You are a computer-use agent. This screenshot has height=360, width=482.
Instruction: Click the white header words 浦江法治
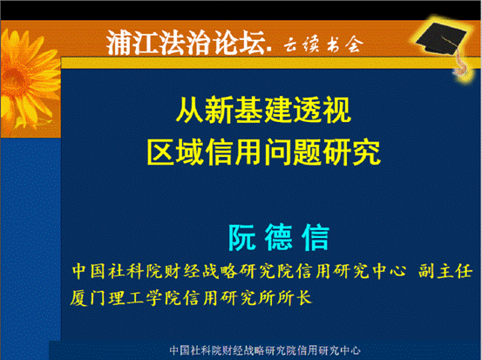tap(160, 43)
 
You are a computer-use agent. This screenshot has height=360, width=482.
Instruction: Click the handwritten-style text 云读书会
tap(323, 44)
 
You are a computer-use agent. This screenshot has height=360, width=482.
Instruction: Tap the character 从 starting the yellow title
tap(189, 110)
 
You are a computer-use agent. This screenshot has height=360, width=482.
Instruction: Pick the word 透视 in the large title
tap(322, 110)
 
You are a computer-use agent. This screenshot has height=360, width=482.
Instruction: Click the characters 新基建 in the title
tap(248, 110)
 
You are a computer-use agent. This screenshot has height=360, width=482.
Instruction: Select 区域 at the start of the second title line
tap(176, 152)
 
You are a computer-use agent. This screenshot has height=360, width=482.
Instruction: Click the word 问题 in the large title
tap(293, 152)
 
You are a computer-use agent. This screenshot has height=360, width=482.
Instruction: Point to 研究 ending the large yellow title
tap(351, 152)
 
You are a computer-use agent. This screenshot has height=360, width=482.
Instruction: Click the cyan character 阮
tap(242, 237)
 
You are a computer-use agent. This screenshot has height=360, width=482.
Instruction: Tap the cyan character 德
tap(279, 237)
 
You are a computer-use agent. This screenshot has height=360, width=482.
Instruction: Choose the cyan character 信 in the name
tap(316, 237)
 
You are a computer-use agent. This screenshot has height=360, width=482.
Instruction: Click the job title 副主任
tap(445, 271)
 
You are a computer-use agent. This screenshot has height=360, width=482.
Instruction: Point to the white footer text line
tap(265, 350)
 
